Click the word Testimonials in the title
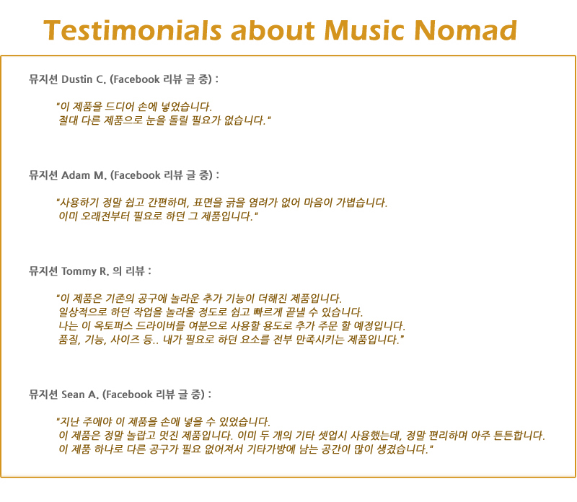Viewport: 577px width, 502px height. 133,30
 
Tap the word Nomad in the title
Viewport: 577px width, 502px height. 465,30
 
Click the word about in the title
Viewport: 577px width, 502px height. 273,30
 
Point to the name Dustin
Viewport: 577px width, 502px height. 76,79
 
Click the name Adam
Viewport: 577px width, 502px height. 76,175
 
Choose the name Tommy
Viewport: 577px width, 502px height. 79,272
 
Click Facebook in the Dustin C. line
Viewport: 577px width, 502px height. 136,79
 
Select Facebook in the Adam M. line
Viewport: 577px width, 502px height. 137,175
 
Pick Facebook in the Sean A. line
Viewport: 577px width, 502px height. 129,395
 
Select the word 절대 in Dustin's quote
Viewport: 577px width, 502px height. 68,120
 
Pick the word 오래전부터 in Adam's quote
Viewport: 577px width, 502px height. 105,216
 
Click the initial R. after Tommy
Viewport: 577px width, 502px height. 104,272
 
